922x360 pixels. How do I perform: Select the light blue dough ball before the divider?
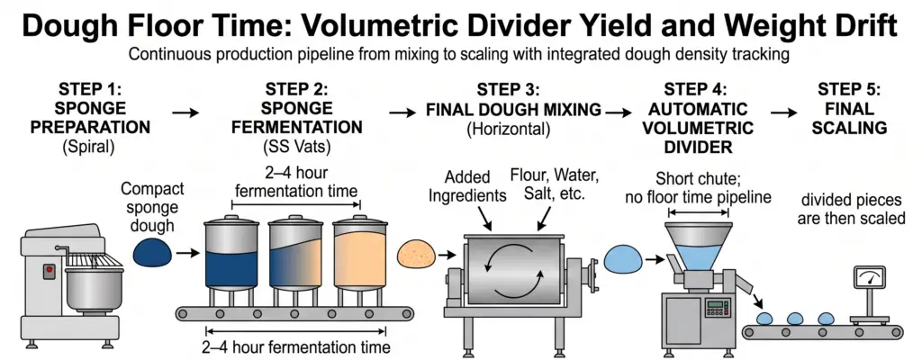pyautogui.click(x=623, y=259)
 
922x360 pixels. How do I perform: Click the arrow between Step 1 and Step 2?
pyautogui.click(x=185, y=112)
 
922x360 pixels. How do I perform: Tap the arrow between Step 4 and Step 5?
pyautogui.click(x=784, y=112)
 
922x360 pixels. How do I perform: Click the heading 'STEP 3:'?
pyautogui.click(x=508, y=91)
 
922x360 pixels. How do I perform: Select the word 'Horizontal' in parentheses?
pyautogui.click(x=508, y=128)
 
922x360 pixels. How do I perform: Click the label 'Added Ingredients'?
pyautogui.click(x=467, y=186)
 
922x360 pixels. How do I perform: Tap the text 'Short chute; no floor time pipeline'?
pyautogui.click(x=698, y=187)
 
